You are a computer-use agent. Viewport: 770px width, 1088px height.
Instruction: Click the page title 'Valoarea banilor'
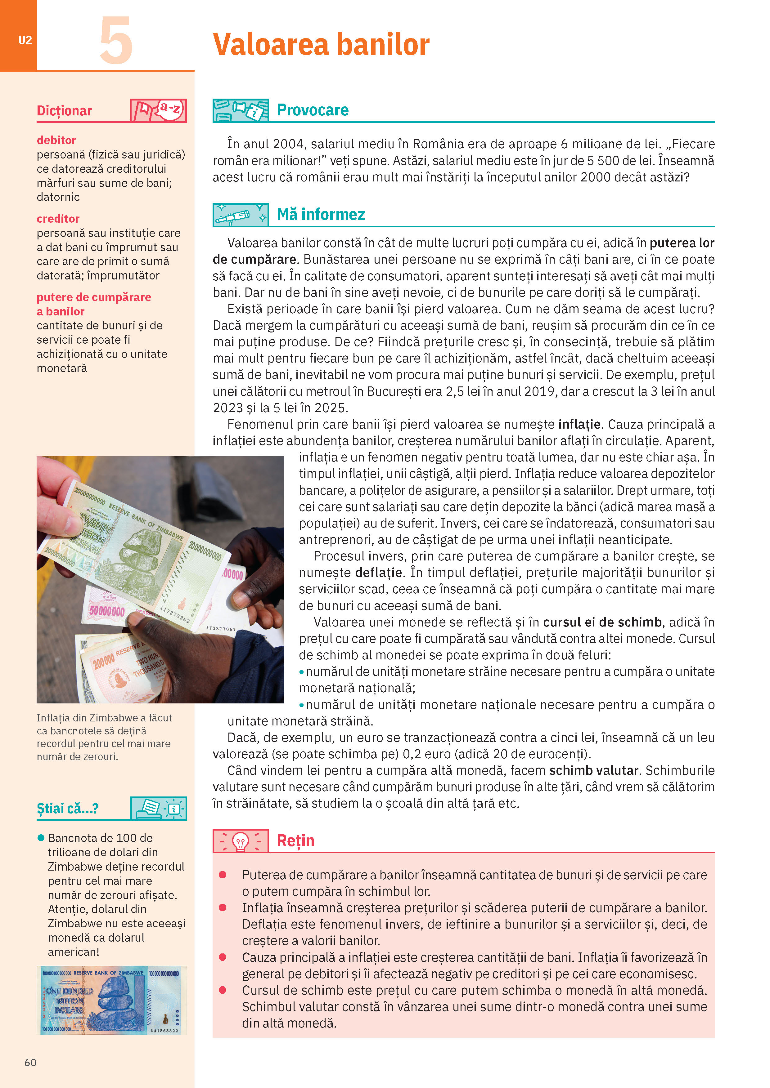[321, 45]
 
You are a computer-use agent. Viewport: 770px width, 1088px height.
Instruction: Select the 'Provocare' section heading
[313, 110]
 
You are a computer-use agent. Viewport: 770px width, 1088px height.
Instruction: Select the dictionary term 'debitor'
[56, 140]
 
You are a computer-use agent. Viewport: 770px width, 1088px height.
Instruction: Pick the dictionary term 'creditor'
[58, 219]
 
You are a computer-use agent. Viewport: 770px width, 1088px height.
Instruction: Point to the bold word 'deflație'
[378, 573]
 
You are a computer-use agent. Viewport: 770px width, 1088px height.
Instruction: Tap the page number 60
[30, 1062]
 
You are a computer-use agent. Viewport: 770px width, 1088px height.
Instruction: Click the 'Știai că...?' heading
[68, 809]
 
